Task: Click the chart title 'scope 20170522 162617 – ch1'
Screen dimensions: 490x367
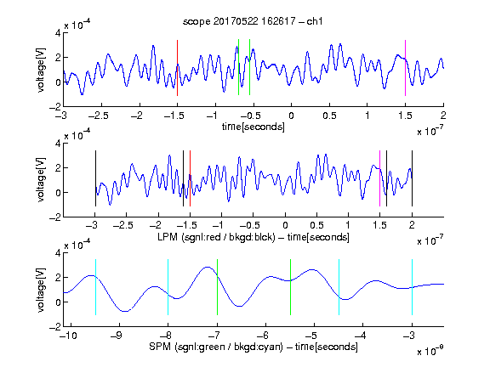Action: [253, 21]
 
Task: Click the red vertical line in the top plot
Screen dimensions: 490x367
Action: [177, 68]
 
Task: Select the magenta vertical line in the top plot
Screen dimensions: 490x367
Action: [405, 68]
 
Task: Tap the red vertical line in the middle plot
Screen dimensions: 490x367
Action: [190, 178]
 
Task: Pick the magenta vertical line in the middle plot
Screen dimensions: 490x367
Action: [379, 178]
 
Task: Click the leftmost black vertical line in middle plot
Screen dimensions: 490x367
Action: [95, 178]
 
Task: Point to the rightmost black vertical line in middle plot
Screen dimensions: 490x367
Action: [412, 178]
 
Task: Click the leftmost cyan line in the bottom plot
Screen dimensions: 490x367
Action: [95, 287]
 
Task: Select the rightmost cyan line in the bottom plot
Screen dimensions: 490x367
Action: [412, 287]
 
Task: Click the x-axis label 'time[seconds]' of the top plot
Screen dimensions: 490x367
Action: [254, 127]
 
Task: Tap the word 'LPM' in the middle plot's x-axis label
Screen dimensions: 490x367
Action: [168, 237]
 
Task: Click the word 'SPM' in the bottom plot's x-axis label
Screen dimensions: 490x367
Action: [160, 347]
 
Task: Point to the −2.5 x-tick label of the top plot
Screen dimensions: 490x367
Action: [99, 116]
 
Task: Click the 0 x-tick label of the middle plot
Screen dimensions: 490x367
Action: [285, 225]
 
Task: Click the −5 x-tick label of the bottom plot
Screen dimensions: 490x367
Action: [311, 336]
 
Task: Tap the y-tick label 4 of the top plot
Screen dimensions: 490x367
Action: [58, 33]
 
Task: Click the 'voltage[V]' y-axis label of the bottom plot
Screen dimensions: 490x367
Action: [41, 290]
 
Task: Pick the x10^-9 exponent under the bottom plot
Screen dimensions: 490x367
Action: [430, 350]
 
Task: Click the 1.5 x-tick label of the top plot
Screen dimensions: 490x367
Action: [405, 116]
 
